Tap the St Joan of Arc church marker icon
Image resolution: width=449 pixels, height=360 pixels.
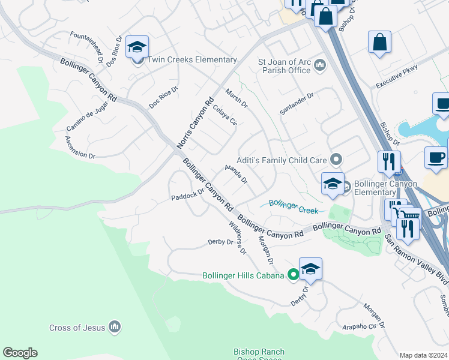click(x=319, y=65)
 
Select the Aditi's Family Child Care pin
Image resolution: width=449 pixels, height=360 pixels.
click(x=336, y=160)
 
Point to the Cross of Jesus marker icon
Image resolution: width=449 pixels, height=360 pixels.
click(x=115, y=327)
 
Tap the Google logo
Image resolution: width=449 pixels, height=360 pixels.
click(x=20, y=353)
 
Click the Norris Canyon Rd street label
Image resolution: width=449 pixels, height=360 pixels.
click(x=196, y=123)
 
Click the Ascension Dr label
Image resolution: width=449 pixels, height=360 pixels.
click(x=80, y=147)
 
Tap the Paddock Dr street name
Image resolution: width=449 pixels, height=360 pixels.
click(x=187, y=196)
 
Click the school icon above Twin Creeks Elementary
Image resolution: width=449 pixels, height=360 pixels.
click(x=137, y=47)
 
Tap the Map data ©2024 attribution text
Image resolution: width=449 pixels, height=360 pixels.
click(x=423, y=355)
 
